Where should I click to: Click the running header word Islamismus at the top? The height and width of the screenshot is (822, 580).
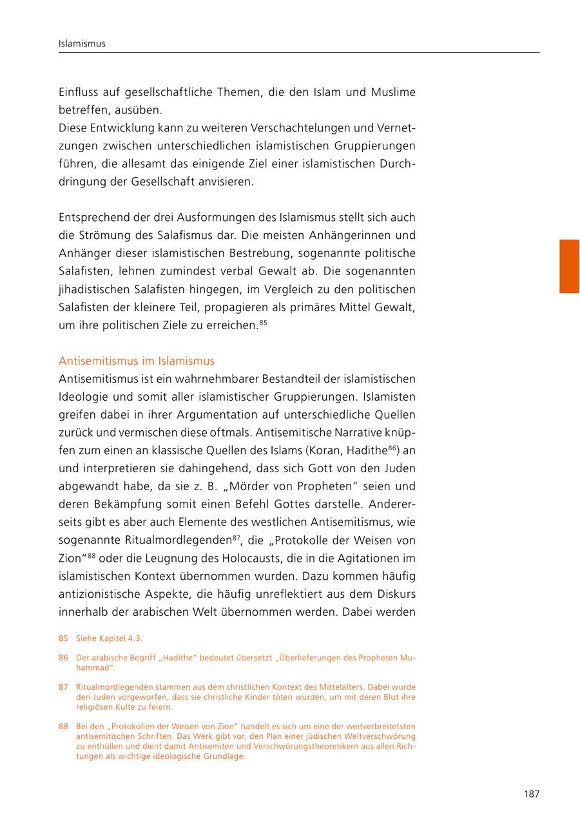[x=82, y=44]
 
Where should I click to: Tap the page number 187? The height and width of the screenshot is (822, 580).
[x=531, y=794]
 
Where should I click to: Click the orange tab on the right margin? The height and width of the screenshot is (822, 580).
[x=568, y=266]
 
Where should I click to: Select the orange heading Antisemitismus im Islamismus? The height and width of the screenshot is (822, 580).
[x=137, y=361]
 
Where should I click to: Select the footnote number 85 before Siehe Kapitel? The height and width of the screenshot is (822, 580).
[x=63, y=638]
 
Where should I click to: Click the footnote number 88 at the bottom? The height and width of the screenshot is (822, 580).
[x=63, y=726]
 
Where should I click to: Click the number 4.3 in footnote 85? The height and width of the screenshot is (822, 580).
[x=135, y=638]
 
